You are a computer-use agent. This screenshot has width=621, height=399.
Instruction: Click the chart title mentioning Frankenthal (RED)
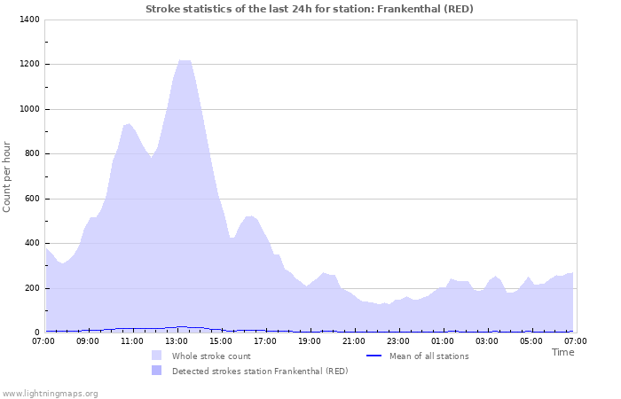point(310,9)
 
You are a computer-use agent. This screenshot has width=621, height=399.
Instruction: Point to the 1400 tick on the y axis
point(28,20)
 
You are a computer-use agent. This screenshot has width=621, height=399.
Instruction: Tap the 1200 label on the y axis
point(28,64)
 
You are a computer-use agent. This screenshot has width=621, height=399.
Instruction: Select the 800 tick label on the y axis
point(31,153)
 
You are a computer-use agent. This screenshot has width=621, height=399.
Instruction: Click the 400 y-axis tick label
point(31,243)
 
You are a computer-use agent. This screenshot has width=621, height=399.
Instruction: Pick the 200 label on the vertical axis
point(31,288)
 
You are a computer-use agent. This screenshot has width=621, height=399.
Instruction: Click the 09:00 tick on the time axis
point(88,340)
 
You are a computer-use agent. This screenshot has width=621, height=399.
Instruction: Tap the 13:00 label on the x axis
point(177,340)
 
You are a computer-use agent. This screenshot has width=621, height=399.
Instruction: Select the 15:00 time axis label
point(221,340)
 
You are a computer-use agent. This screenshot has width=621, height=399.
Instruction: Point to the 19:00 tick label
point(310,340)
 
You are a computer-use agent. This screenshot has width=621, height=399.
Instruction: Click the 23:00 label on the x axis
point(398,340)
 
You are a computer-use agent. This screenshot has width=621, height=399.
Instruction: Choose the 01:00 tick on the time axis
point(443,340)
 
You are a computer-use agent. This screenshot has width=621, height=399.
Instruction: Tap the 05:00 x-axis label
point(531,340)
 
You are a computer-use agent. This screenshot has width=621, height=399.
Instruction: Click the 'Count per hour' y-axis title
point(8,176)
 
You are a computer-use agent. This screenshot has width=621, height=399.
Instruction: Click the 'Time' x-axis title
point(562,352)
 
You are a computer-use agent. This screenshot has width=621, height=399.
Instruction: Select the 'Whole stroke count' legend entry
point(211,356)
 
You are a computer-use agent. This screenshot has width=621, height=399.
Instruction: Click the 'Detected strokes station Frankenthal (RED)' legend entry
point(260,371)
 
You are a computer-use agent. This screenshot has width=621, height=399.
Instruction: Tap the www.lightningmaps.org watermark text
point(50,393)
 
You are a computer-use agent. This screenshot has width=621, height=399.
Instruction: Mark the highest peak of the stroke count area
point(184,60)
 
